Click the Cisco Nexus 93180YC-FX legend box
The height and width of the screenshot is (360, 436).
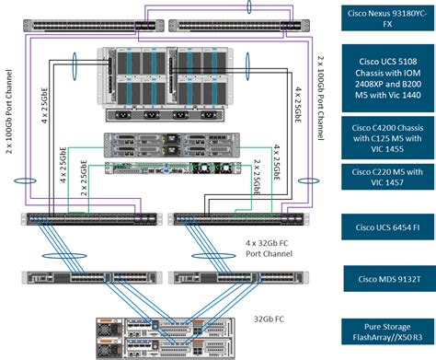coord(384,20)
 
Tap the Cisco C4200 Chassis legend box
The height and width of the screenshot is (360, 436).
coord(384,135)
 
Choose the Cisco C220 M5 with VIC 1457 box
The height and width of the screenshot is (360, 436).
coord(384,177)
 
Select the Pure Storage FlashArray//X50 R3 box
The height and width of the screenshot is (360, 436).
coord(384,331)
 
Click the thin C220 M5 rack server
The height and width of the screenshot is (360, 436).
coord(162,168)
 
